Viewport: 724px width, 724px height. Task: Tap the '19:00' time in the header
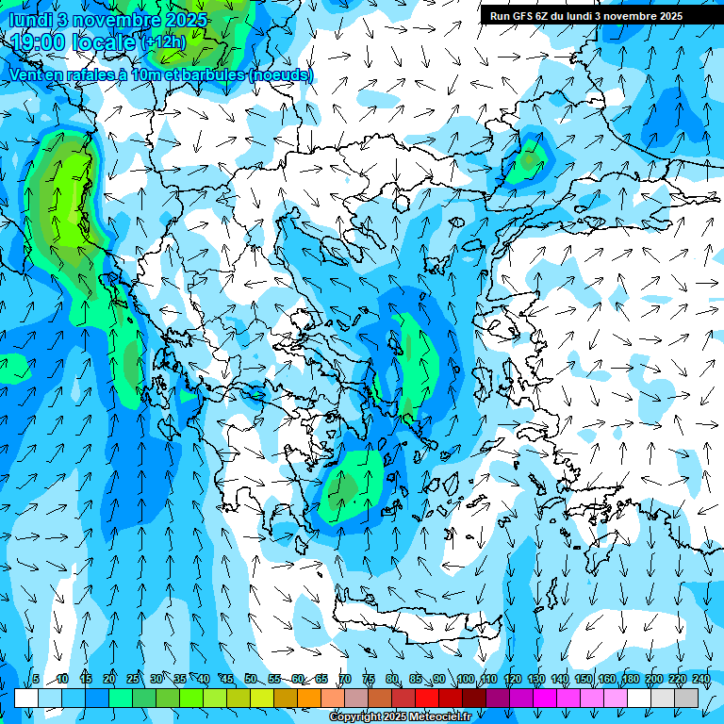(x=39, y=42)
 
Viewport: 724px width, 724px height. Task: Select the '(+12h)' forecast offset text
(x=163, y=42)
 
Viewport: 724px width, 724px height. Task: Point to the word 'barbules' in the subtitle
(x=207, y=74)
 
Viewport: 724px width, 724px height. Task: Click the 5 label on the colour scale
(x=36, y=679)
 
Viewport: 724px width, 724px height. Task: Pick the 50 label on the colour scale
(x=250, y=679)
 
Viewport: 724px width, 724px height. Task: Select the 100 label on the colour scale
(x=466, y=679)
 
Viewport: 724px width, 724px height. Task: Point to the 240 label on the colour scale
(x=701, y=679)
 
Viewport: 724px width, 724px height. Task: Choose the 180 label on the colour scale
(x=631, y=679)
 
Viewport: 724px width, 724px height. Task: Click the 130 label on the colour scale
(x=536, y=679)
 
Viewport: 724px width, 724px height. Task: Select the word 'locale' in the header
(x=104, y=42)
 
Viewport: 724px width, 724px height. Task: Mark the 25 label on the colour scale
(x=132, y=679)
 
